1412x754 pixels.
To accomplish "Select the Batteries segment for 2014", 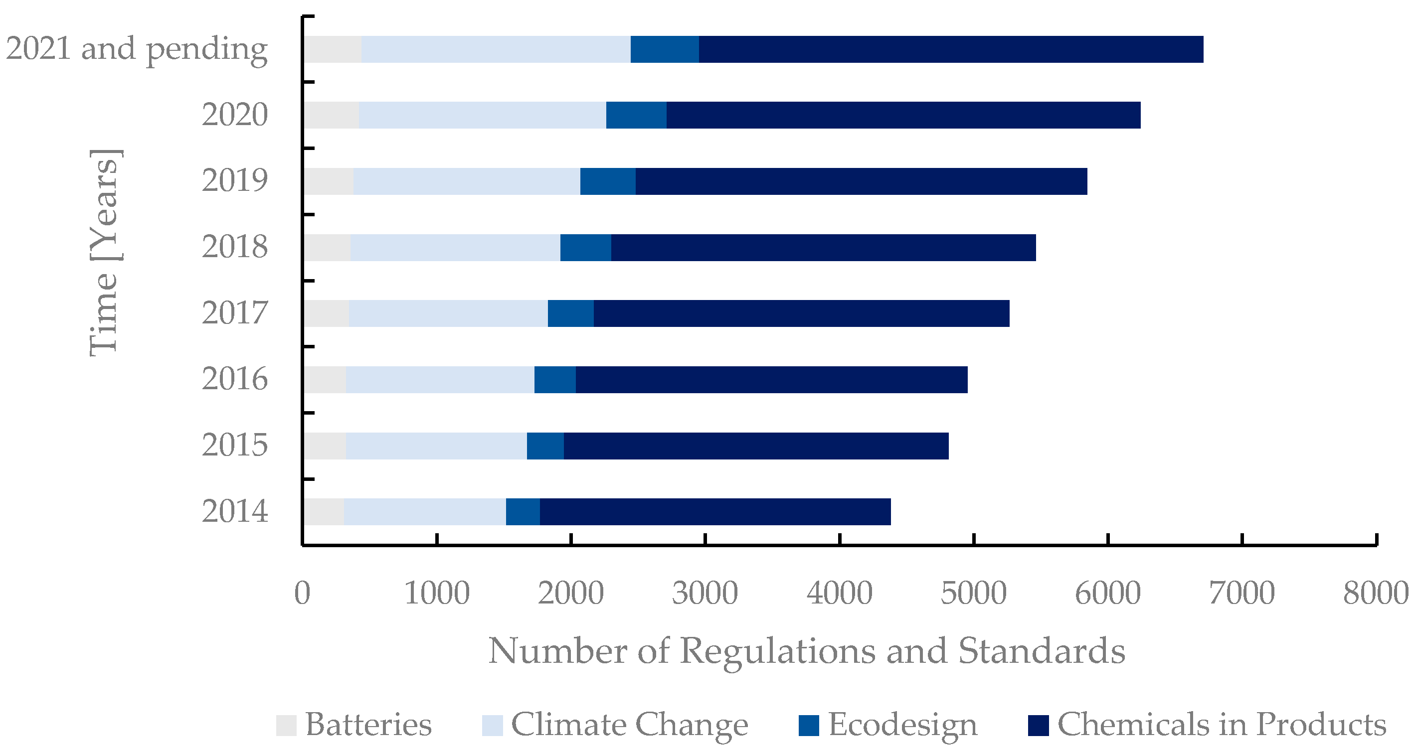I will point(325,511).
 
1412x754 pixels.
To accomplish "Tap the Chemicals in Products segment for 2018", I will point(823,247).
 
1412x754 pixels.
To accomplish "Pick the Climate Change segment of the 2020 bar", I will point(482,115).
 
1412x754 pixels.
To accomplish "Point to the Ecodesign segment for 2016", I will point(555,379).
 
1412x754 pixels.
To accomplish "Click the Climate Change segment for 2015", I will point(436,446).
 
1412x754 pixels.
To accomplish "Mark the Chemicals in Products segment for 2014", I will point(715,511).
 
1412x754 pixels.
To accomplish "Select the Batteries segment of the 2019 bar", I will point(329,181).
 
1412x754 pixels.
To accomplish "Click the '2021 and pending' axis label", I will point(137,49).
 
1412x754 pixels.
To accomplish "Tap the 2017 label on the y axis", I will point(235,313).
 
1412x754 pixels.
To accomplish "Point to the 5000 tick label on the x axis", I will point(973,593).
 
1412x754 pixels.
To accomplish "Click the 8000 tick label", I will point(1375,593).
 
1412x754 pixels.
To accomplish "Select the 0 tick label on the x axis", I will point(302,593).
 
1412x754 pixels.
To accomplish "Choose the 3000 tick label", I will point(705,593).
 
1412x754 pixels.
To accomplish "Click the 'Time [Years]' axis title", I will point(104,252).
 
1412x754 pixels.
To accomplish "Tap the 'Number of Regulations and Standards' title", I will point(806,651).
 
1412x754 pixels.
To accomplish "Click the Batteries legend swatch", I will point(286,725).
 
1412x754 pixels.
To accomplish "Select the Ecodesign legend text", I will point(902,725).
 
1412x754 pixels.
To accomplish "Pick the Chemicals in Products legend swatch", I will point(1038,725).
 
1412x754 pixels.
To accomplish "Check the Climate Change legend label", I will point(629,725).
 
